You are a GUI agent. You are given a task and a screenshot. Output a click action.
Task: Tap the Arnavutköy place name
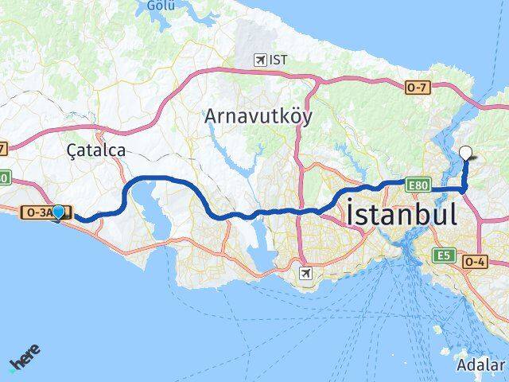(258, 116)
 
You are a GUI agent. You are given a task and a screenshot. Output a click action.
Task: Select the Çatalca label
(95, 149)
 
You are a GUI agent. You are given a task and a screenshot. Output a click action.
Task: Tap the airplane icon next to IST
(259, 60)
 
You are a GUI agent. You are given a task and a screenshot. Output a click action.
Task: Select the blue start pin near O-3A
(58, 212)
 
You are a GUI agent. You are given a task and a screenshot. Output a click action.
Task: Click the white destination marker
(466, 154)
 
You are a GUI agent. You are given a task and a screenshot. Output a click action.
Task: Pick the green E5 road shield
(444, 255)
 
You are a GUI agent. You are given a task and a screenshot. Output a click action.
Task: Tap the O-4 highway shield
(476, 261)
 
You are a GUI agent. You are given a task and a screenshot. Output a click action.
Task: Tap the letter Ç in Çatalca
(73, 149)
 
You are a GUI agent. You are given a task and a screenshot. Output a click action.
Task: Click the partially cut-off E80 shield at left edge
(3, 178)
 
